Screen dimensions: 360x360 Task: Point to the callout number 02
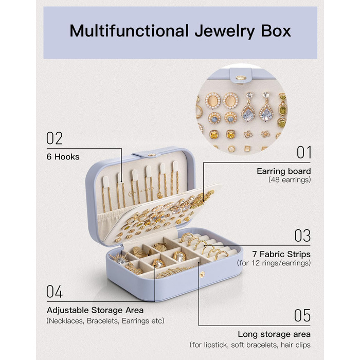pyautogui.click(x=55, y=138)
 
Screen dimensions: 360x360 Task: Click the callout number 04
pyautogui.click(x=55, y=292)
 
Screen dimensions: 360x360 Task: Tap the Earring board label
pyautogui.click(x=283, y=171)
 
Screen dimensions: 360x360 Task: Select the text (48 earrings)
pyautogui.click(x=289, y=180)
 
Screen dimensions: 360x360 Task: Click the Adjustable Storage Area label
pyautogui.click(x=95, y=310)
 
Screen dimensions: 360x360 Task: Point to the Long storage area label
pyautogui.click(x=274, y=334)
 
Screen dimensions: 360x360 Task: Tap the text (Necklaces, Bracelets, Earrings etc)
pyautogui.click(x=105, y=321)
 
